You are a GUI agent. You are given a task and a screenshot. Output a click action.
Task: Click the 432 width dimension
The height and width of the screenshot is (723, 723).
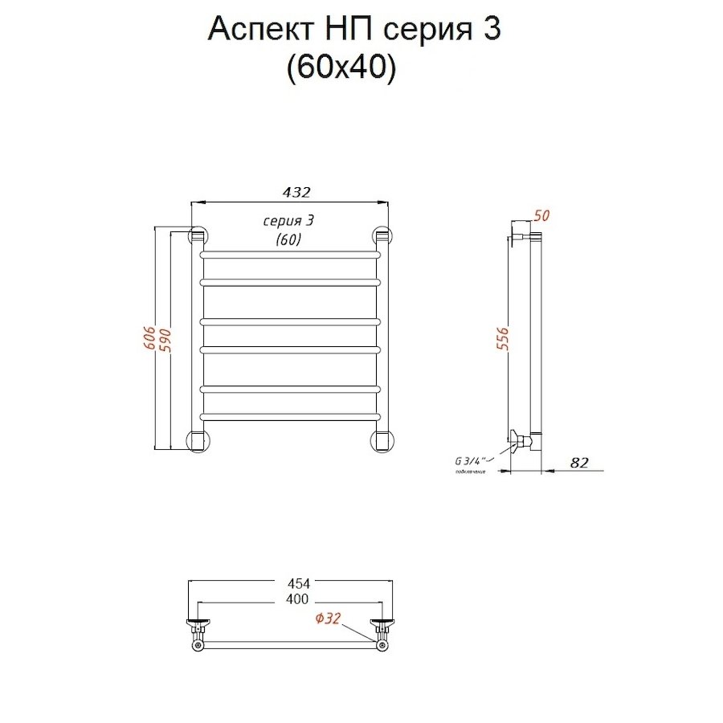[296, 193]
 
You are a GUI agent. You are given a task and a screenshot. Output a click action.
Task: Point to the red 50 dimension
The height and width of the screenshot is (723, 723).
[541, 216]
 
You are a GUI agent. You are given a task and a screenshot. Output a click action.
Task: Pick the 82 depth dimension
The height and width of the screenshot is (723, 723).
[580, 462]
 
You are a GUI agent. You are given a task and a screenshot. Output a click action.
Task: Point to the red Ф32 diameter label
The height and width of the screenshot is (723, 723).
[329, 619]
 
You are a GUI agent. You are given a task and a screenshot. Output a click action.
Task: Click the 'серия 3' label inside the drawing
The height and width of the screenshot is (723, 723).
[288, 221]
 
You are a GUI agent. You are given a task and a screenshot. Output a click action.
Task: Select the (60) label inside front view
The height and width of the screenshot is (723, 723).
[288, 239]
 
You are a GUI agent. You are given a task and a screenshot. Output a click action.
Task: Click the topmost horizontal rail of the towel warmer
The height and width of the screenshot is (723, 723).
[289, 254]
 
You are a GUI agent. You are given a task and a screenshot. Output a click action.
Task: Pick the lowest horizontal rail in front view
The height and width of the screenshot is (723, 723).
[289, 416]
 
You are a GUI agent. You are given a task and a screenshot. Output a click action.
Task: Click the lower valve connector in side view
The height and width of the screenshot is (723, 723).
[525, 439]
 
